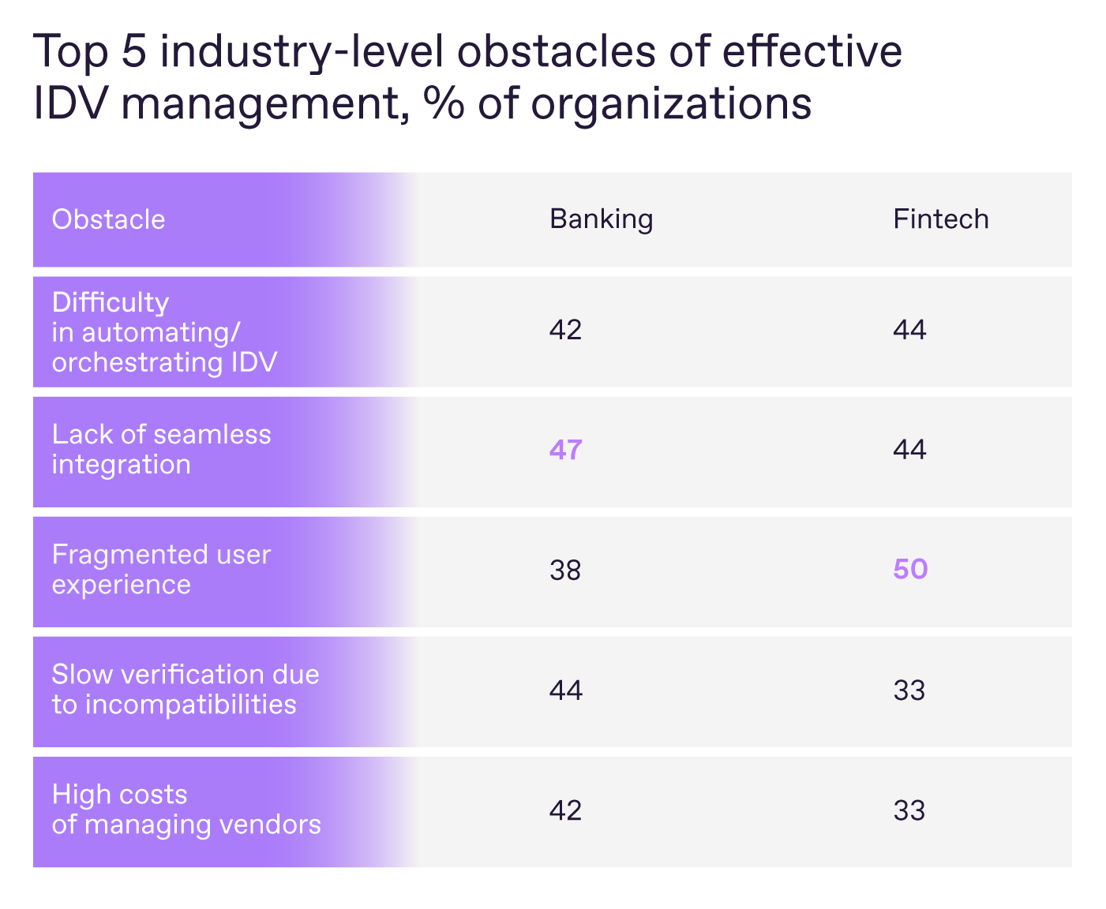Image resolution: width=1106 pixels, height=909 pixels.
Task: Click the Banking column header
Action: [601, 219]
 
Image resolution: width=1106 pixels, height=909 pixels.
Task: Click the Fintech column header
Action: [940, 219]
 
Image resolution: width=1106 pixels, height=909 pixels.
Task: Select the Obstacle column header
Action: [108, 219]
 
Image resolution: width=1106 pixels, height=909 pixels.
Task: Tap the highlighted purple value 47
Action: [565, 450]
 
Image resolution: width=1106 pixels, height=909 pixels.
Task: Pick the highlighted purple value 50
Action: [909, 569]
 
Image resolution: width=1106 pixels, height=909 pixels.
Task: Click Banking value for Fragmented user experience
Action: [565, 570]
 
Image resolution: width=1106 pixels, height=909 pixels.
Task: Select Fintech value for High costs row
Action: [909, 810]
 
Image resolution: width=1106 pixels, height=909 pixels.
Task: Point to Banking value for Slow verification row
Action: [565, 690]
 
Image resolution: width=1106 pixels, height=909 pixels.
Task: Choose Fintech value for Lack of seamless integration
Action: [909, 450]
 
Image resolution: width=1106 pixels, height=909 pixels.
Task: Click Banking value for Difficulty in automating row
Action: [565, 330]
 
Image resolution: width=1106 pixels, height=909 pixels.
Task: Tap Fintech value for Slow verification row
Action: [909, 690]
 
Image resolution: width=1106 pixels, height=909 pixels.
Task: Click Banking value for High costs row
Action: [565, 810]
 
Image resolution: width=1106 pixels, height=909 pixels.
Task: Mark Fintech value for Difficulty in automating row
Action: [909, 330]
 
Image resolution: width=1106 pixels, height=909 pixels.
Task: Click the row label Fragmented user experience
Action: [161, 570]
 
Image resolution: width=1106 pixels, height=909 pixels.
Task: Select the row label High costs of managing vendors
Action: [186, 810]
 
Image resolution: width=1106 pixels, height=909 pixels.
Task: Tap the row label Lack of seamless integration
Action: [161, 449]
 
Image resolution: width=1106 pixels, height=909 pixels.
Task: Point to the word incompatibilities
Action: [190, 705]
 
